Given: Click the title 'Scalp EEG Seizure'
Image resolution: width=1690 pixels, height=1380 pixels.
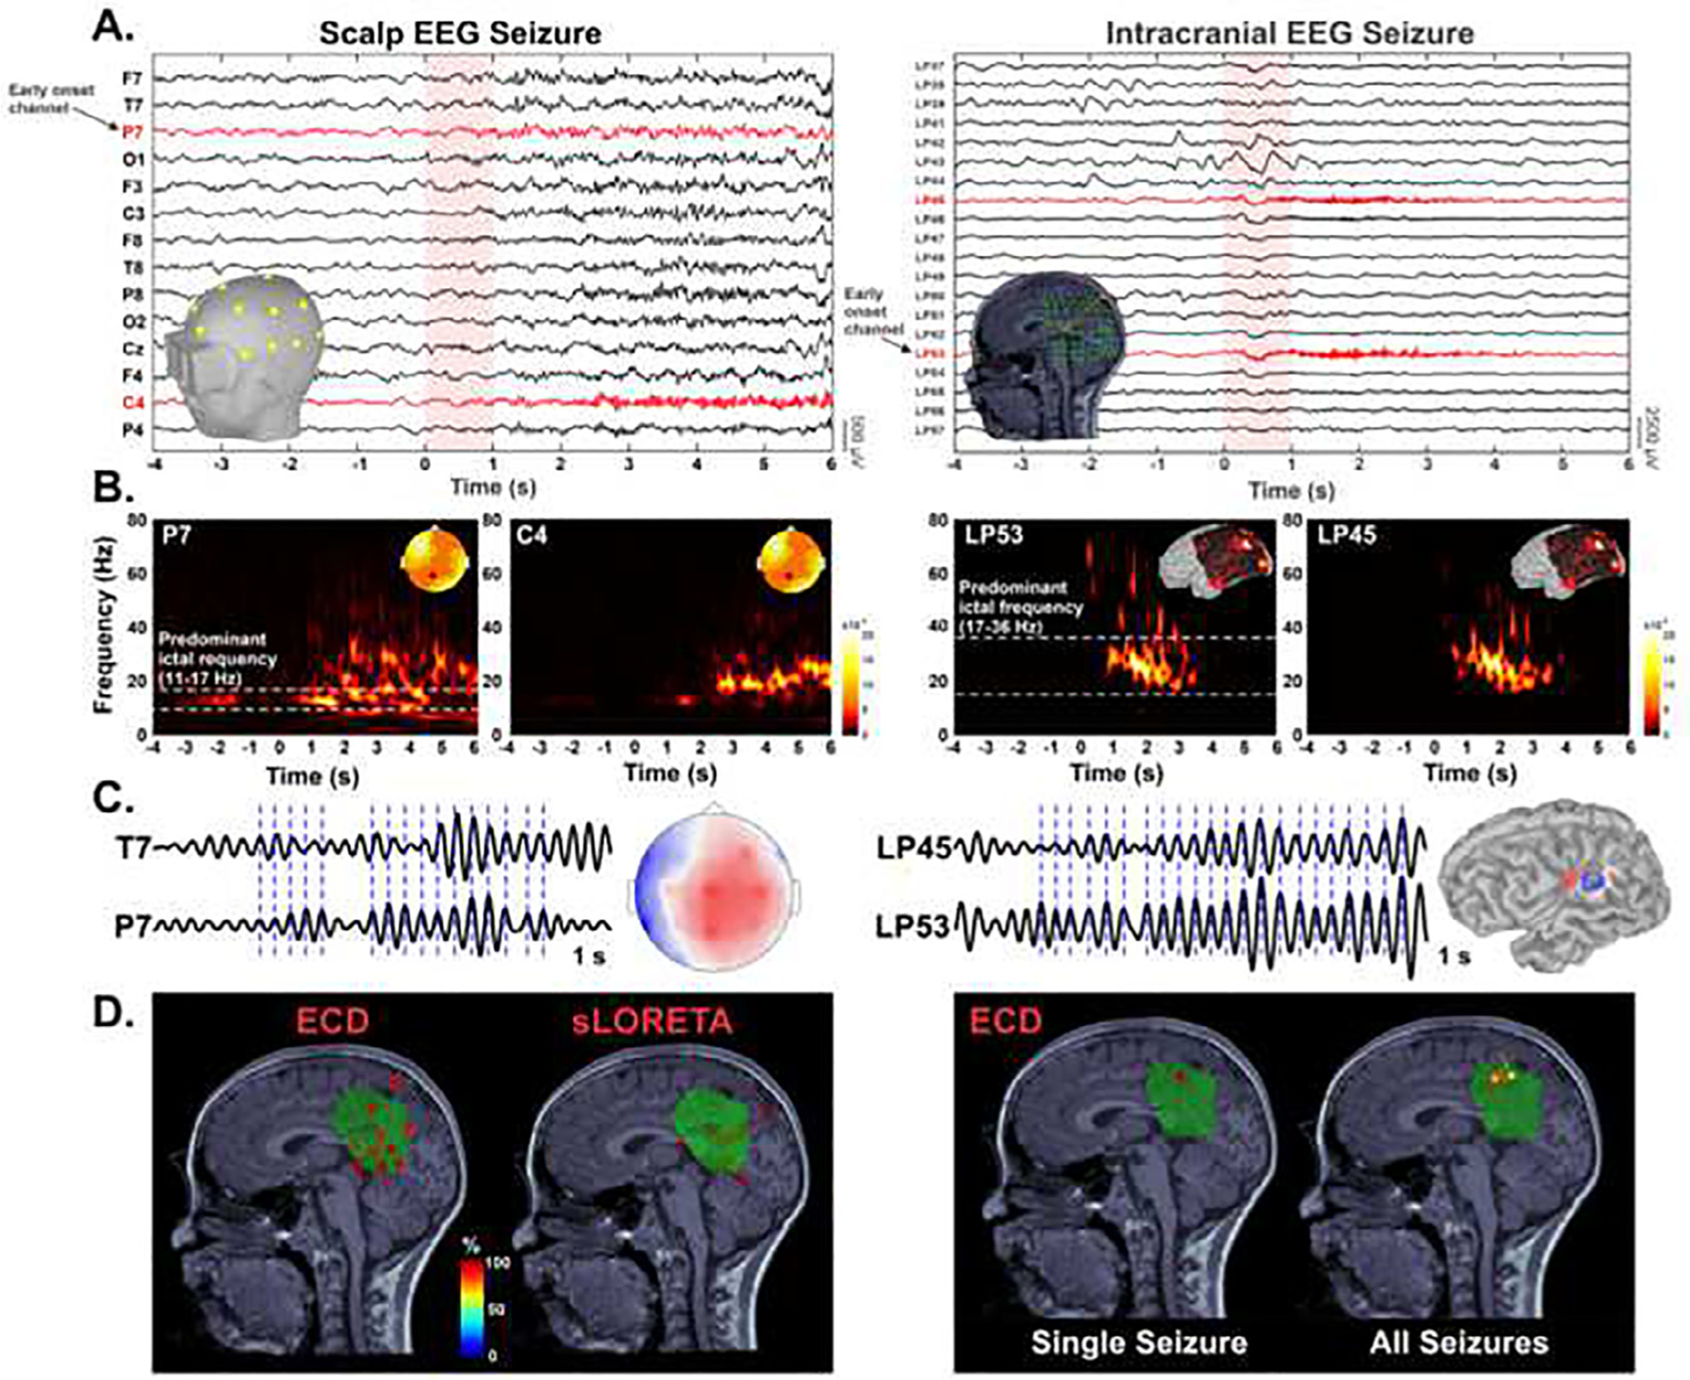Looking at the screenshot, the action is click(459, 34).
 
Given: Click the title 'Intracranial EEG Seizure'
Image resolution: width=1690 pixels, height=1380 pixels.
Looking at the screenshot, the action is click(1289, 34).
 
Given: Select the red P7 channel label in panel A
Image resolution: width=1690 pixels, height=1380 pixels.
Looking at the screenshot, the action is click(132, 132).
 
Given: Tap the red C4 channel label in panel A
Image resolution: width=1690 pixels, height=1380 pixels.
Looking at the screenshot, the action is click(132, 404).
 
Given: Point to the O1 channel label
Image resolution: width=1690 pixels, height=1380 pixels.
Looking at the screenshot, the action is click(132, 160).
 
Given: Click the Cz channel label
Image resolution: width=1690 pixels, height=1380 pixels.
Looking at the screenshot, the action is click(132, 349).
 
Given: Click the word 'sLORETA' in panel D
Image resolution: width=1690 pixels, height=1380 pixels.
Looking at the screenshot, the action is click(652, 1021).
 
